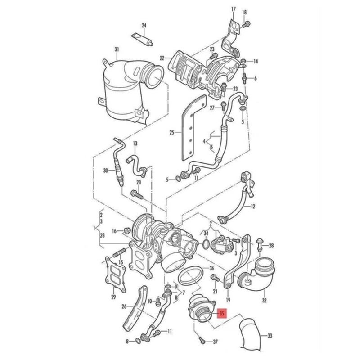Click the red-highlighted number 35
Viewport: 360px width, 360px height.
coord(221,313)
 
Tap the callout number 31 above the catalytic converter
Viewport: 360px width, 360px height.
coord(117,49)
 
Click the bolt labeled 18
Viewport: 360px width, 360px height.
coord(247,23)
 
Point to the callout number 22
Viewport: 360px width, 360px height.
coord(162,58)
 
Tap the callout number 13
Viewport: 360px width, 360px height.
coord(135,144)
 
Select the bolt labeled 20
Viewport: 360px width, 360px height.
coord(137,195)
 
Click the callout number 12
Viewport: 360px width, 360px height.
coord(253,207)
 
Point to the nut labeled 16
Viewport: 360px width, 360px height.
coord(127,230)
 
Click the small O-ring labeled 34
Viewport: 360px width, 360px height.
coord(206,244)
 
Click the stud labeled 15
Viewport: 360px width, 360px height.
coord(119,252)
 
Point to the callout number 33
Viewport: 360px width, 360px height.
coord(270,336)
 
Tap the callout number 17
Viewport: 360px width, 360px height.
coord(234,9)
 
